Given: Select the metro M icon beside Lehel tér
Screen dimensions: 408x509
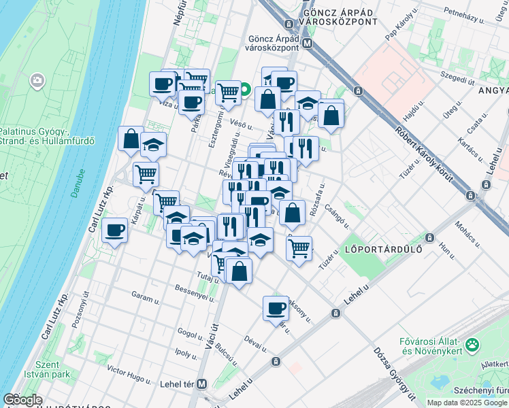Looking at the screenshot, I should click(201, 384).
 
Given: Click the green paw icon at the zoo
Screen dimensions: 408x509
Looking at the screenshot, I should click(472, 345).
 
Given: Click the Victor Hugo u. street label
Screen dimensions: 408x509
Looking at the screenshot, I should click(128, 373).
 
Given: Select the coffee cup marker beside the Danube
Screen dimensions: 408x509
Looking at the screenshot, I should click(115, 231).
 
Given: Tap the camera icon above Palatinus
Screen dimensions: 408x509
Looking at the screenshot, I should click(37, 82).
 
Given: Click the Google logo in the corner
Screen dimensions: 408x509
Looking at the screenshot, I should click(22, 400).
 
